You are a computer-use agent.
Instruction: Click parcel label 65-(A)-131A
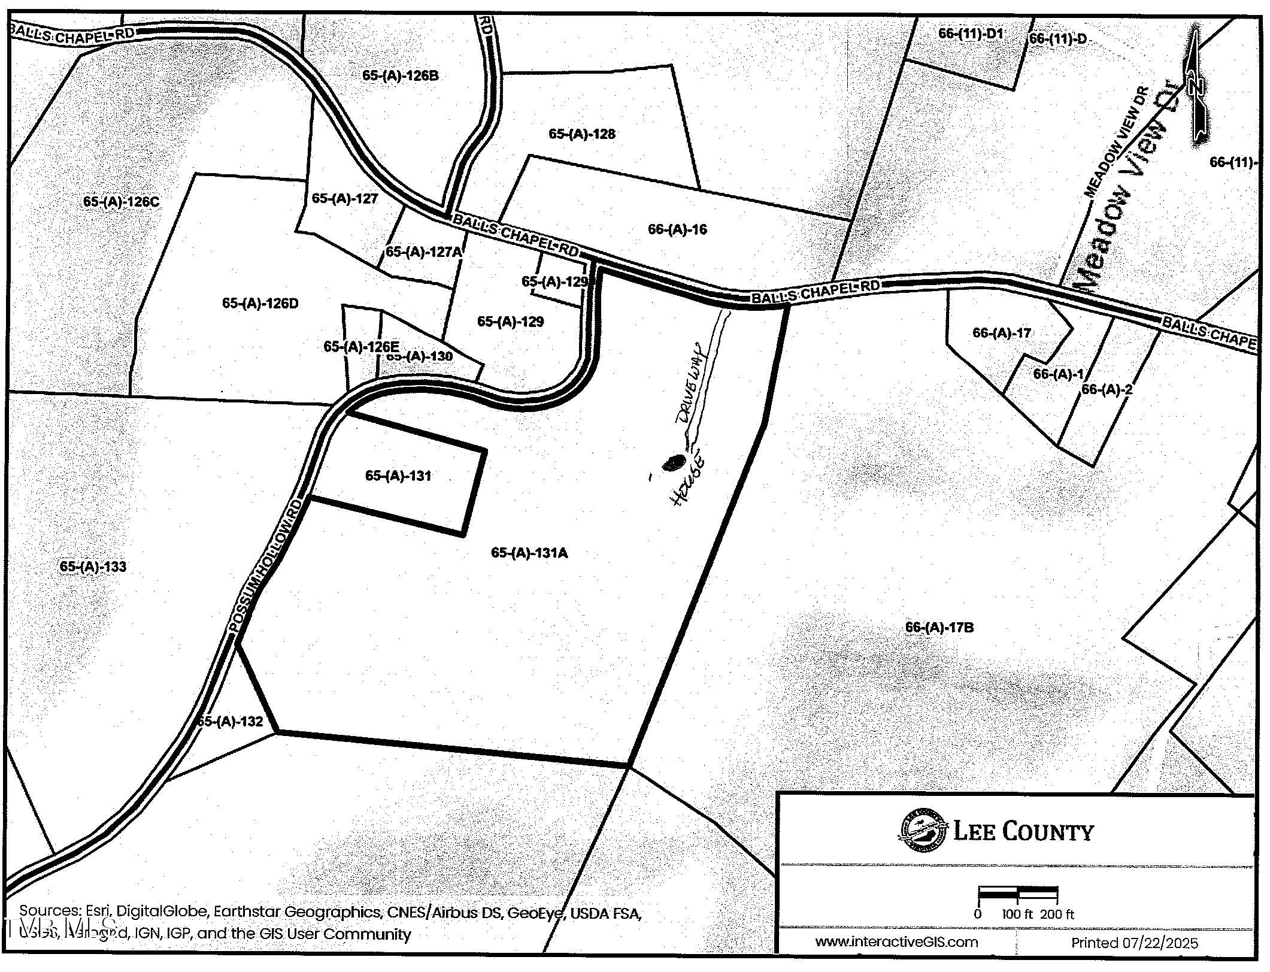point(529,553)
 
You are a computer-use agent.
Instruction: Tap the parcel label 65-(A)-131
point(398,476)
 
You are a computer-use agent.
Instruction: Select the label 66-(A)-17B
point(939,628)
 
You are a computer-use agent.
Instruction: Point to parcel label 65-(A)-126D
point(260,304)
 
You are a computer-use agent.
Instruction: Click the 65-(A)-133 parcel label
point(93,567)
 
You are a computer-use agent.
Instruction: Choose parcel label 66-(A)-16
point(677,229)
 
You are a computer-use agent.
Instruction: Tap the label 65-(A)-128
point(581,134)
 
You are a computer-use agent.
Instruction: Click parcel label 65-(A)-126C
point(121,202)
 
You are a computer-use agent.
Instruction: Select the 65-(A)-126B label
point(401,75)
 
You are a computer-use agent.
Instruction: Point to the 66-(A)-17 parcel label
point(1002,333)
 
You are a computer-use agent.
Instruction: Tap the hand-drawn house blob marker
point(674,462)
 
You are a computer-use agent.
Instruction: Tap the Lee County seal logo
point(923,831)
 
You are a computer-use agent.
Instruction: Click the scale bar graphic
point(1018,895)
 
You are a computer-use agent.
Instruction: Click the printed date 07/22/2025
point(1135,943)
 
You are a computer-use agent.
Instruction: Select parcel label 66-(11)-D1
point(970,34)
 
